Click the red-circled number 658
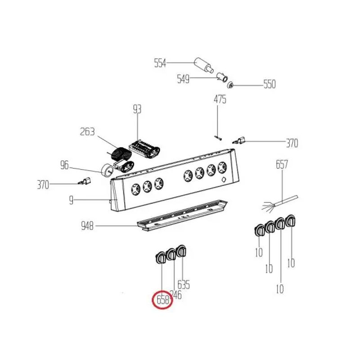pos(162,300)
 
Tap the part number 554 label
pos(160,63)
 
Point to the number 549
pos(183,80)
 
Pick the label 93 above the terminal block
pos(137,109)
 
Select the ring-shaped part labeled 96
pos(108,170)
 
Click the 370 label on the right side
pos(292,144)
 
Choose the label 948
pos(87,226)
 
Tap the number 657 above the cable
pos(282,165)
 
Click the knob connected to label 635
pos(181,252)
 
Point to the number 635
pos(184,284)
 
